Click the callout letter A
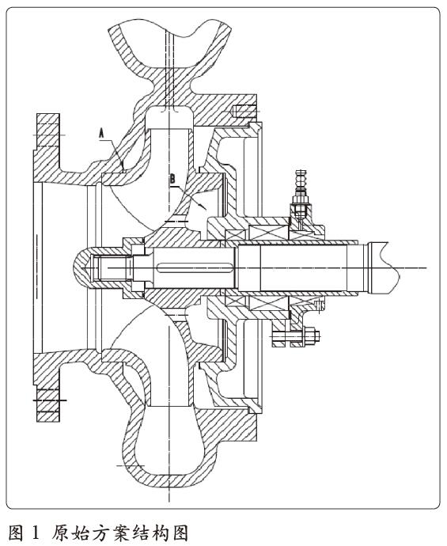click(101, 134)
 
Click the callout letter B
click(172, 179)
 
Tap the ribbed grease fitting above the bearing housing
click(301, 181)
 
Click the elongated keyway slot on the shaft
click(195, 267)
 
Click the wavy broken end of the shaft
click(394, 267)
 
